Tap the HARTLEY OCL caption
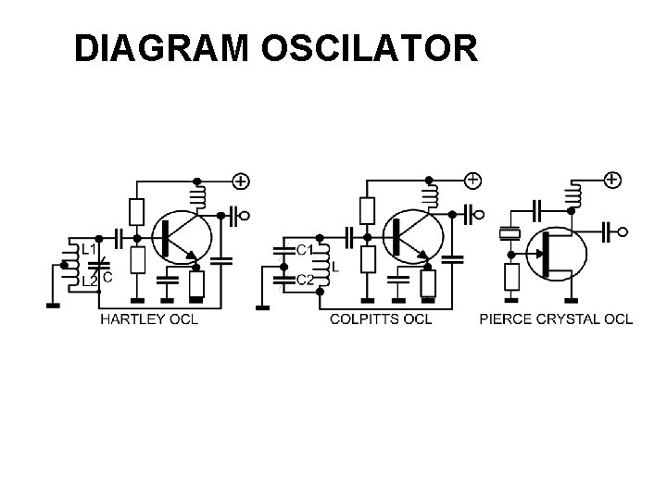click(x=148, y=319)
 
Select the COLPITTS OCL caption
click(x=381, y=319)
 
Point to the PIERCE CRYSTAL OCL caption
click(x=556, y=319)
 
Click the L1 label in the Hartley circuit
click(x=88, y=250)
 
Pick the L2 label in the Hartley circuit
click(x=88, y=278)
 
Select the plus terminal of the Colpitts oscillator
click(x=472, y=179)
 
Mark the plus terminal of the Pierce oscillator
click(x=611, y=179)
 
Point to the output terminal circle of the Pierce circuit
click(x=623, y=231)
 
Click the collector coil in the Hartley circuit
click(x=196, y=196)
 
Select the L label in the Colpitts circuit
click(x=334, y=265)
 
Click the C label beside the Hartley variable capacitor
click(x=107, y=275)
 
